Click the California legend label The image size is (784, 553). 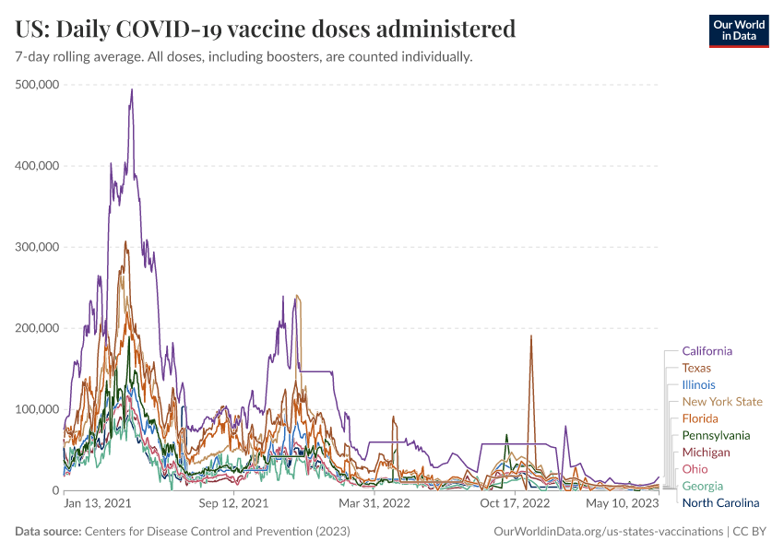click(x=707, y=351)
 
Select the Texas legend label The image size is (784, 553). click(x=696, y=368)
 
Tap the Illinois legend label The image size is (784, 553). click(x=698, y=385)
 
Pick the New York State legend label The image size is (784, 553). click(x=722, y=402)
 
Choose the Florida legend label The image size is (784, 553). click(x=700, y=418)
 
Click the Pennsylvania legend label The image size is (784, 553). click(x=716, y=435)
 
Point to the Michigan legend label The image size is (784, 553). click(x=706, y=453)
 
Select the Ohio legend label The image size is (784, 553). click(x=695, y=469)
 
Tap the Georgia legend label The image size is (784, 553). click(x=702, y=486)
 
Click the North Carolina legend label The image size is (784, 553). click(x=720, y=502)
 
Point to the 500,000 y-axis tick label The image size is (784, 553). click(x=38, y=85)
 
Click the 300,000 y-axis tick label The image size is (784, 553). click(x=38, y=247)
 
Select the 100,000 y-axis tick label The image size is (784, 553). click(x=38, y=409)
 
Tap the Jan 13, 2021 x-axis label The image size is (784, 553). click(x=98, y=504)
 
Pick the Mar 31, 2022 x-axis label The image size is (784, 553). click(x=374, y=504)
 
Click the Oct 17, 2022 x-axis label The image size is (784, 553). click(x=515, y=504)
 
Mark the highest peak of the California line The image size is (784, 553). click(x=132, y=89)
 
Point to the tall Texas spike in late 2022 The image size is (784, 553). click(x=531, y=336)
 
